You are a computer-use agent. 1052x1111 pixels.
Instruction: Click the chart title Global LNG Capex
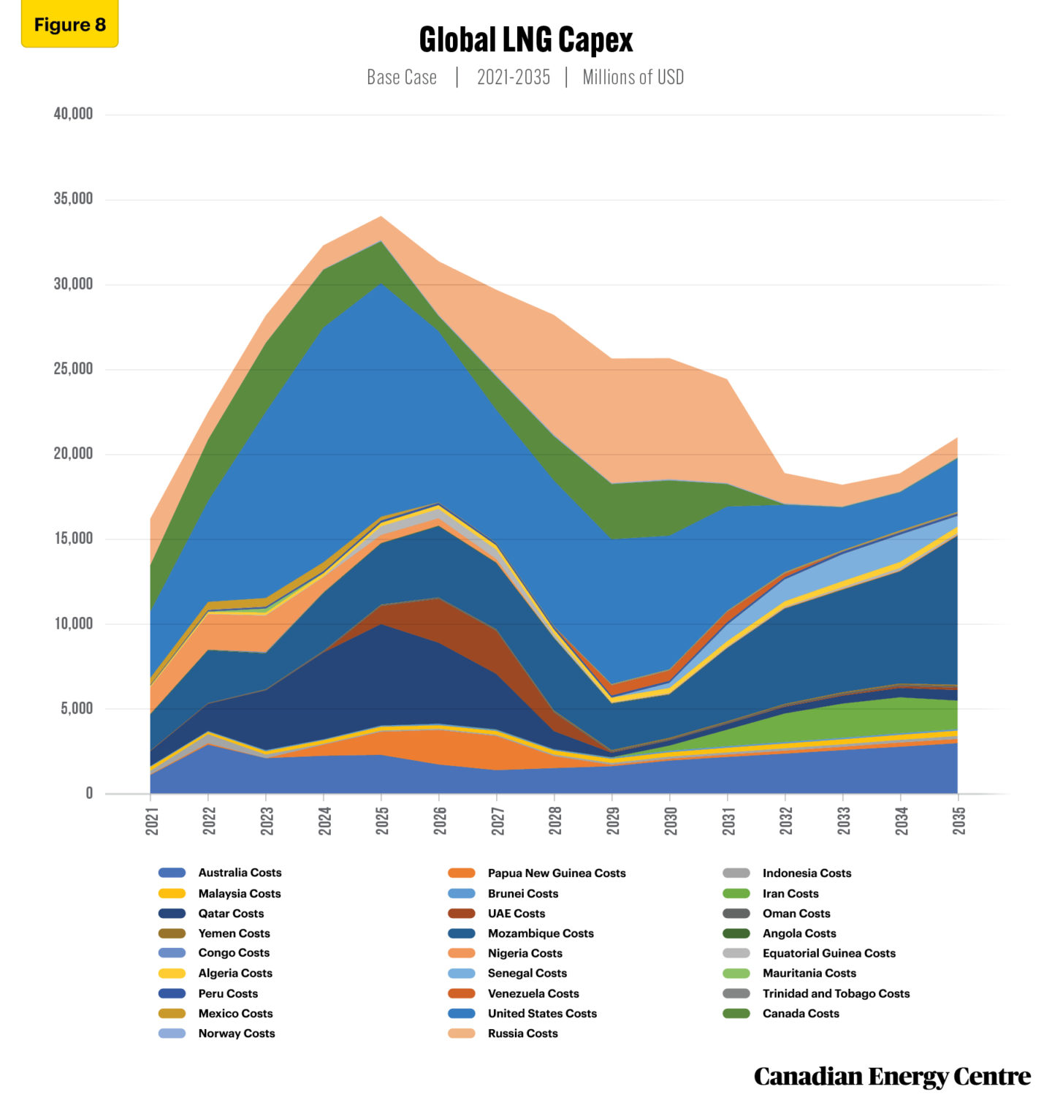pos(525,40)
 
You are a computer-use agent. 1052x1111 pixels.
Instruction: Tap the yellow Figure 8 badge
pos(69,25)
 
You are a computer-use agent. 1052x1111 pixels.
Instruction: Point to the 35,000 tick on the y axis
pos(73,199)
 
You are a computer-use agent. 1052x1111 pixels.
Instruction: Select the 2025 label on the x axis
pos(382,821)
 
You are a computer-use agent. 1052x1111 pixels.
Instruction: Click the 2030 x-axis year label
pos(671,821)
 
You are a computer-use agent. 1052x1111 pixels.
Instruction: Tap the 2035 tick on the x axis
pos(958,821)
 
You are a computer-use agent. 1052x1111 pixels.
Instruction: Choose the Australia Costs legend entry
pos(240,873)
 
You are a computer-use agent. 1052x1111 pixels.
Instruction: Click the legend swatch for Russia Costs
pos(461,1034)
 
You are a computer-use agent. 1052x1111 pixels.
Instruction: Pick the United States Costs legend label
pos(542,1014)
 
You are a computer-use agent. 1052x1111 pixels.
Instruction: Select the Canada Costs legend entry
pos(801,1014)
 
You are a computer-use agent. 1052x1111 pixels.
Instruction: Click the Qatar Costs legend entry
pos(231,914)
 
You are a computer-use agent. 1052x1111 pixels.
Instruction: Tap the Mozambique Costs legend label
pos(541,933)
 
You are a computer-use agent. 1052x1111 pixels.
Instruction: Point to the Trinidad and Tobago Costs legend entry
pos(836,993)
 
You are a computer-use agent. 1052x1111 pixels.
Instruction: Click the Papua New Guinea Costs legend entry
pos(557,873)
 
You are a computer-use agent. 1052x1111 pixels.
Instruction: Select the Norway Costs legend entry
pos(237,1034)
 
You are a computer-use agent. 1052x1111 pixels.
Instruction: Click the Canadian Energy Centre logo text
pos(892,1077)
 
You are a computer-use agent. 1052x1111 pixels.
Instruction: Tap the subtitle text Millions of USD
pos(633,77)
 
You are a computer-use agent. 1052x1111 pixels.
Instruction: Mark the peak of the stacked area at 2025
pos(381,216)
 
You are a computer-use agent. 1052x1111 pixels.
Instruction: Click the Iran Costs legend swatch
pos(736,894)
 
